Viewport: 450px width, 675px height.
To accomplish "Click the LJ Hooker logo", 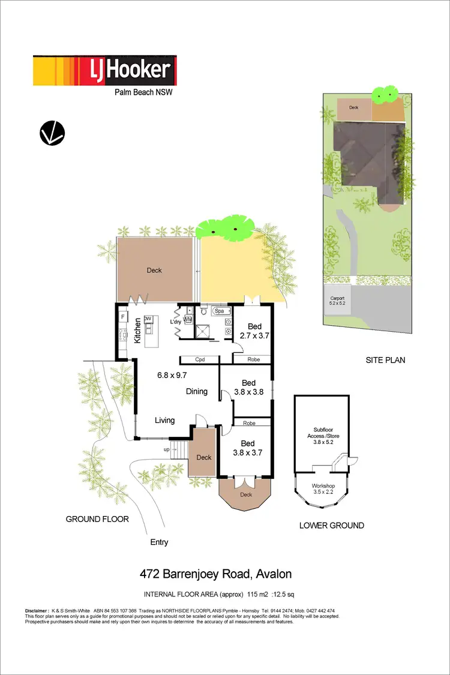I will pyautogui.click(x=104, y=71).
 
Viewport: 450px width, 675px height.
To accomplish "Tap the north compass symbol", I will pyautogui.click(x=52, y=133).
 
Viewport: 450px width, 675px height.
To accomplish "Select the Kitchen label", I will pyautogui.click(x=137, y=330).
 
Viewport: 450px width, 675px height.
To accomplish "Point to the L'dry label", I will pyautogui.click(x=176, y=322).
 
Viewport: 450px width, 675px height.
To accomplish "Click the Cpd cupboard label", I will pyautogui.click(x=200, y=360).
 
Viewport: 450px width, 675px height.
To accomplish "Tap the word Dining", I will pyautogui.click(x=196, y=391).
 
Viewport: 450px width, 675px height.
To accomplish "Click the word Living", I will pyautogui.click(x=164, y=420).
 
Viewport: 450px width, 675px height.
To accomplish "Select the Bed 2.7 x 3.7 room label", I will pyautogui.click(x=252, y=331).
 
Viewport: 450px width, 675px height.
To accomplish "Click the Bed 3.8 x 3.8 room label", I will pyautogui.click(x=248, y=388).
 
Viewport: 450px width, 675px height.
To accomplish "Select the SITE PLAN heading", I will pyautogui.click(x=385, y=361).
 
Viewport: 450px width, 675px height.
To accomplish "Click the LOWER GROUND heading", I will pyautogui.click(x=331, y=526).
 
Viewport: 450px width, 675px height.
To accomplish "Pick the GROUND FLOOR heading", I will pyautogui.click(x=97, y=519).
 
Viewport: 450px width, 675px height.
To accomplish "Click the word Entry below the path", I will pyautogui.click(x=159, y=542).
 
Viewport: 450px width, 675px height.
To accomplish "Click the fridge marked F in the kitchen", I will pyautogui.click(x=123, y=315).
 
